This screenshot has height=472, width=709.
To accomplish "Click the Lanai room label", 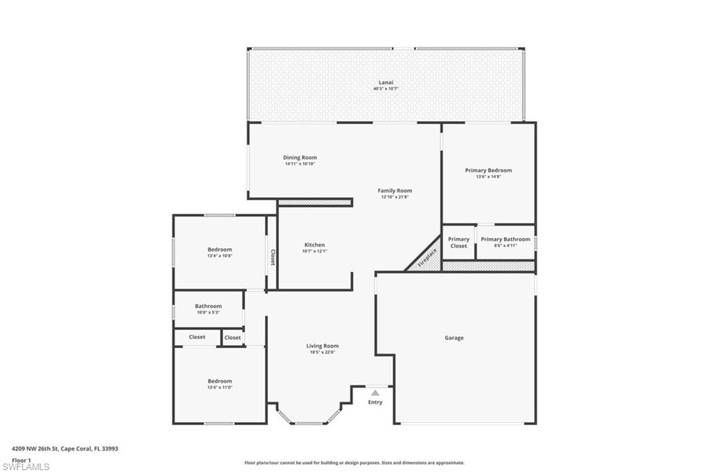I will pos(386,82).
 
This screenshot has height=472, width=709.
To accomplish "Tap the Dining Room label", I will pos(300,158).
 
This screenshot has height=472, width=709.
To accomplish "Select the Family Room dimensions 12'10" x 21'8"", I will pos(395,197).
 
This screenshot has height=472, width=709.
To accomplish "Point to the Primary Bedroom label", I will pos(488,170).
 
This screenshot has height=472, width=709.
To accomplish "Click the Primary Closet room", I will pos(458,242).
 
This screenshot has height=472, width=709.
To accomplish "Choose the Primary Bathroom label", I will pos(505,239).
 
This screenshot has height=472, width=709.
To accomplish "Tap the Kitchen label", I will pos(314,245).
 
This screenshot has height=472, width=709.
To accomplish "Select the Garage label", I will pos(454,338).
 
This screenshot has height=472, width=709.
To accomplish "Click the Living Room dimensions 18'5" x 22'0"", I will pos(323,352).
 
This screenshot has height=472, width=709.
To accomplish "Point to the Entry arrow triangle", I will pos(375,392).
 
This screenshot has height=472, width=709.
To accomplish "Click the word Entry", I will pos(375,402).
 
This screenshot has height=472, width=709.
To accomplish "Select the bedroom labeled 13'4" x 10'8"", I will pos(219,253).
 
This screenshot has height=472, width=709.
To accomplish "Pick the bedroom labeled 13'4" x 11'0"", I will pos(219,384).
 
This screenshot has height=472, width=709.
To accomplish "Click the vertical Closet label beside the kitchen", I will pos(272,257).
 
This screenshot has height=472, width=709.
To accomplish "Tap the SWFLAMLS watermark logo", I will pos(26,466).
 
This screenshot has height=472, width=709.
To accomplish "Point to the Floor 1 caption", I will pos(21,460).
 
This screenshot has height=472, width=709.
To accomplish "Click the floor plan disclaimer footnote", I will pos(354,463).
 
